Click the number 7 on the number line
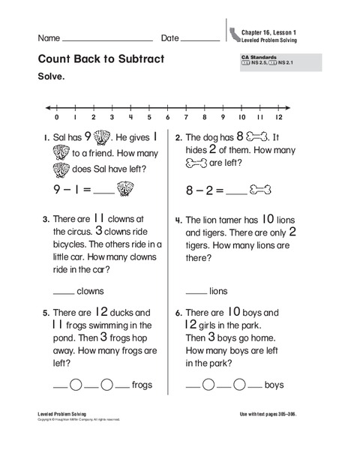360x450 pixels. tap(185, 118)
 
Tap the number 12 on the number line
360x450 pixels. tap(279, 118)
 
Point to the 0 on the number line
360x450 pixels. tap(56, 118)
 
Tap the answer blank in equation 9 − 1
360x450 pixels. tap(103, 191)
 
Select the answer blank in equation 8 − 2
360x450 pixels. tap(235, 191)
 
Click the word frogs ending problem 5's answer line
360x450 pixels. tap(142, 385)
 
